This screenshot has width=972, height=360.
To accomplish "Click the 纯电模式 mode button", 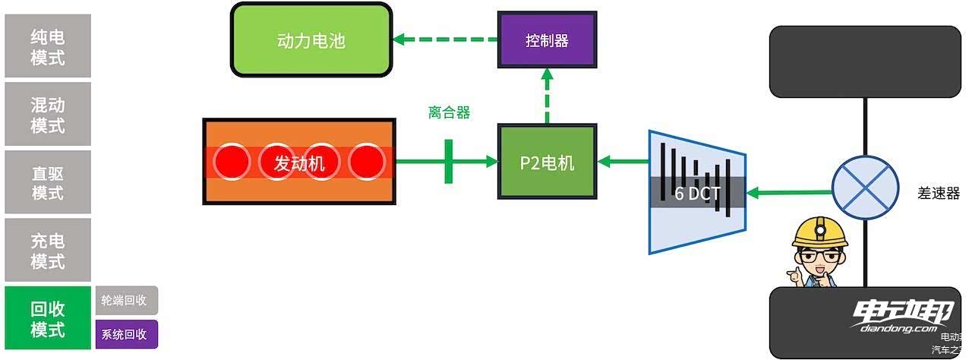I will click(48, 46).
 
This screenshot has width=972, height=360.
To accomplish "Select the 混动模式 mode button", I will click(48, 115).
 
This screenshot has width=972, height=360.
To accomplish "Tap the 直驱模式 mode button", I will click(48, 182).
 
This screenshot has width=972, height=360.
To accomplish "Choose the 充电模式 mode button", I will click(48, 251).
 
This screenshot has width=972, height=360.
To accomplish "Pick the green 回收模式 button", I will click(48, 319).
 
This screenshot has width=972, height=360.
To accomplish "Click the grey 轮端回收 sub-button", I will click(126, 300).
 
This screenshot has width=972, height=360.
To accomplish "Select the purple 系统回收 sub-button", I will click(126, 334).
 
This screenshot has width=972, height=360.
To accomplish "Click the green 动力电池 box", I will click(311, 39).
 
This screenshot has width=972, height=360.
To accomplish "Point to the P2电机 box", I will click(547, 163).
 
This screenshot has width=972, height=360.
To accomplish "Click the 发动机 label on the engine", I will click(299, 163).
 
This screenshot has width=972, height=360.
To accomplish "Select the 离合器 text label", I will click(449, 113).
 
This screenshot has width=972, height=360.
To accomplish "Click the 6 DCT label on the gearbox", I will click(697, 193).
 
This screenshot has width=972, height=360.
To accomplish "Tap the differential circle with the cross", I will click(865, 189).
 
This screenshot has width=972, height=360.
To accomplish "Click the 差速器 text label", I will click(939, 192).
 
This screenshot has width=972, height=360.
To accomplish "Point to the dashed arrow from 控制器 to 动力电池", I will click(449, 39).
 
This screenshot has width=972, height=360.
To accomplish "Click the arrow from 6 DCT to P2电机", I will click(622, 161).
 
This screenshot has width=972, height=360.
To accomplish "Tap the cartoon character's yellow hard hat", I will click(819, 231).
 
